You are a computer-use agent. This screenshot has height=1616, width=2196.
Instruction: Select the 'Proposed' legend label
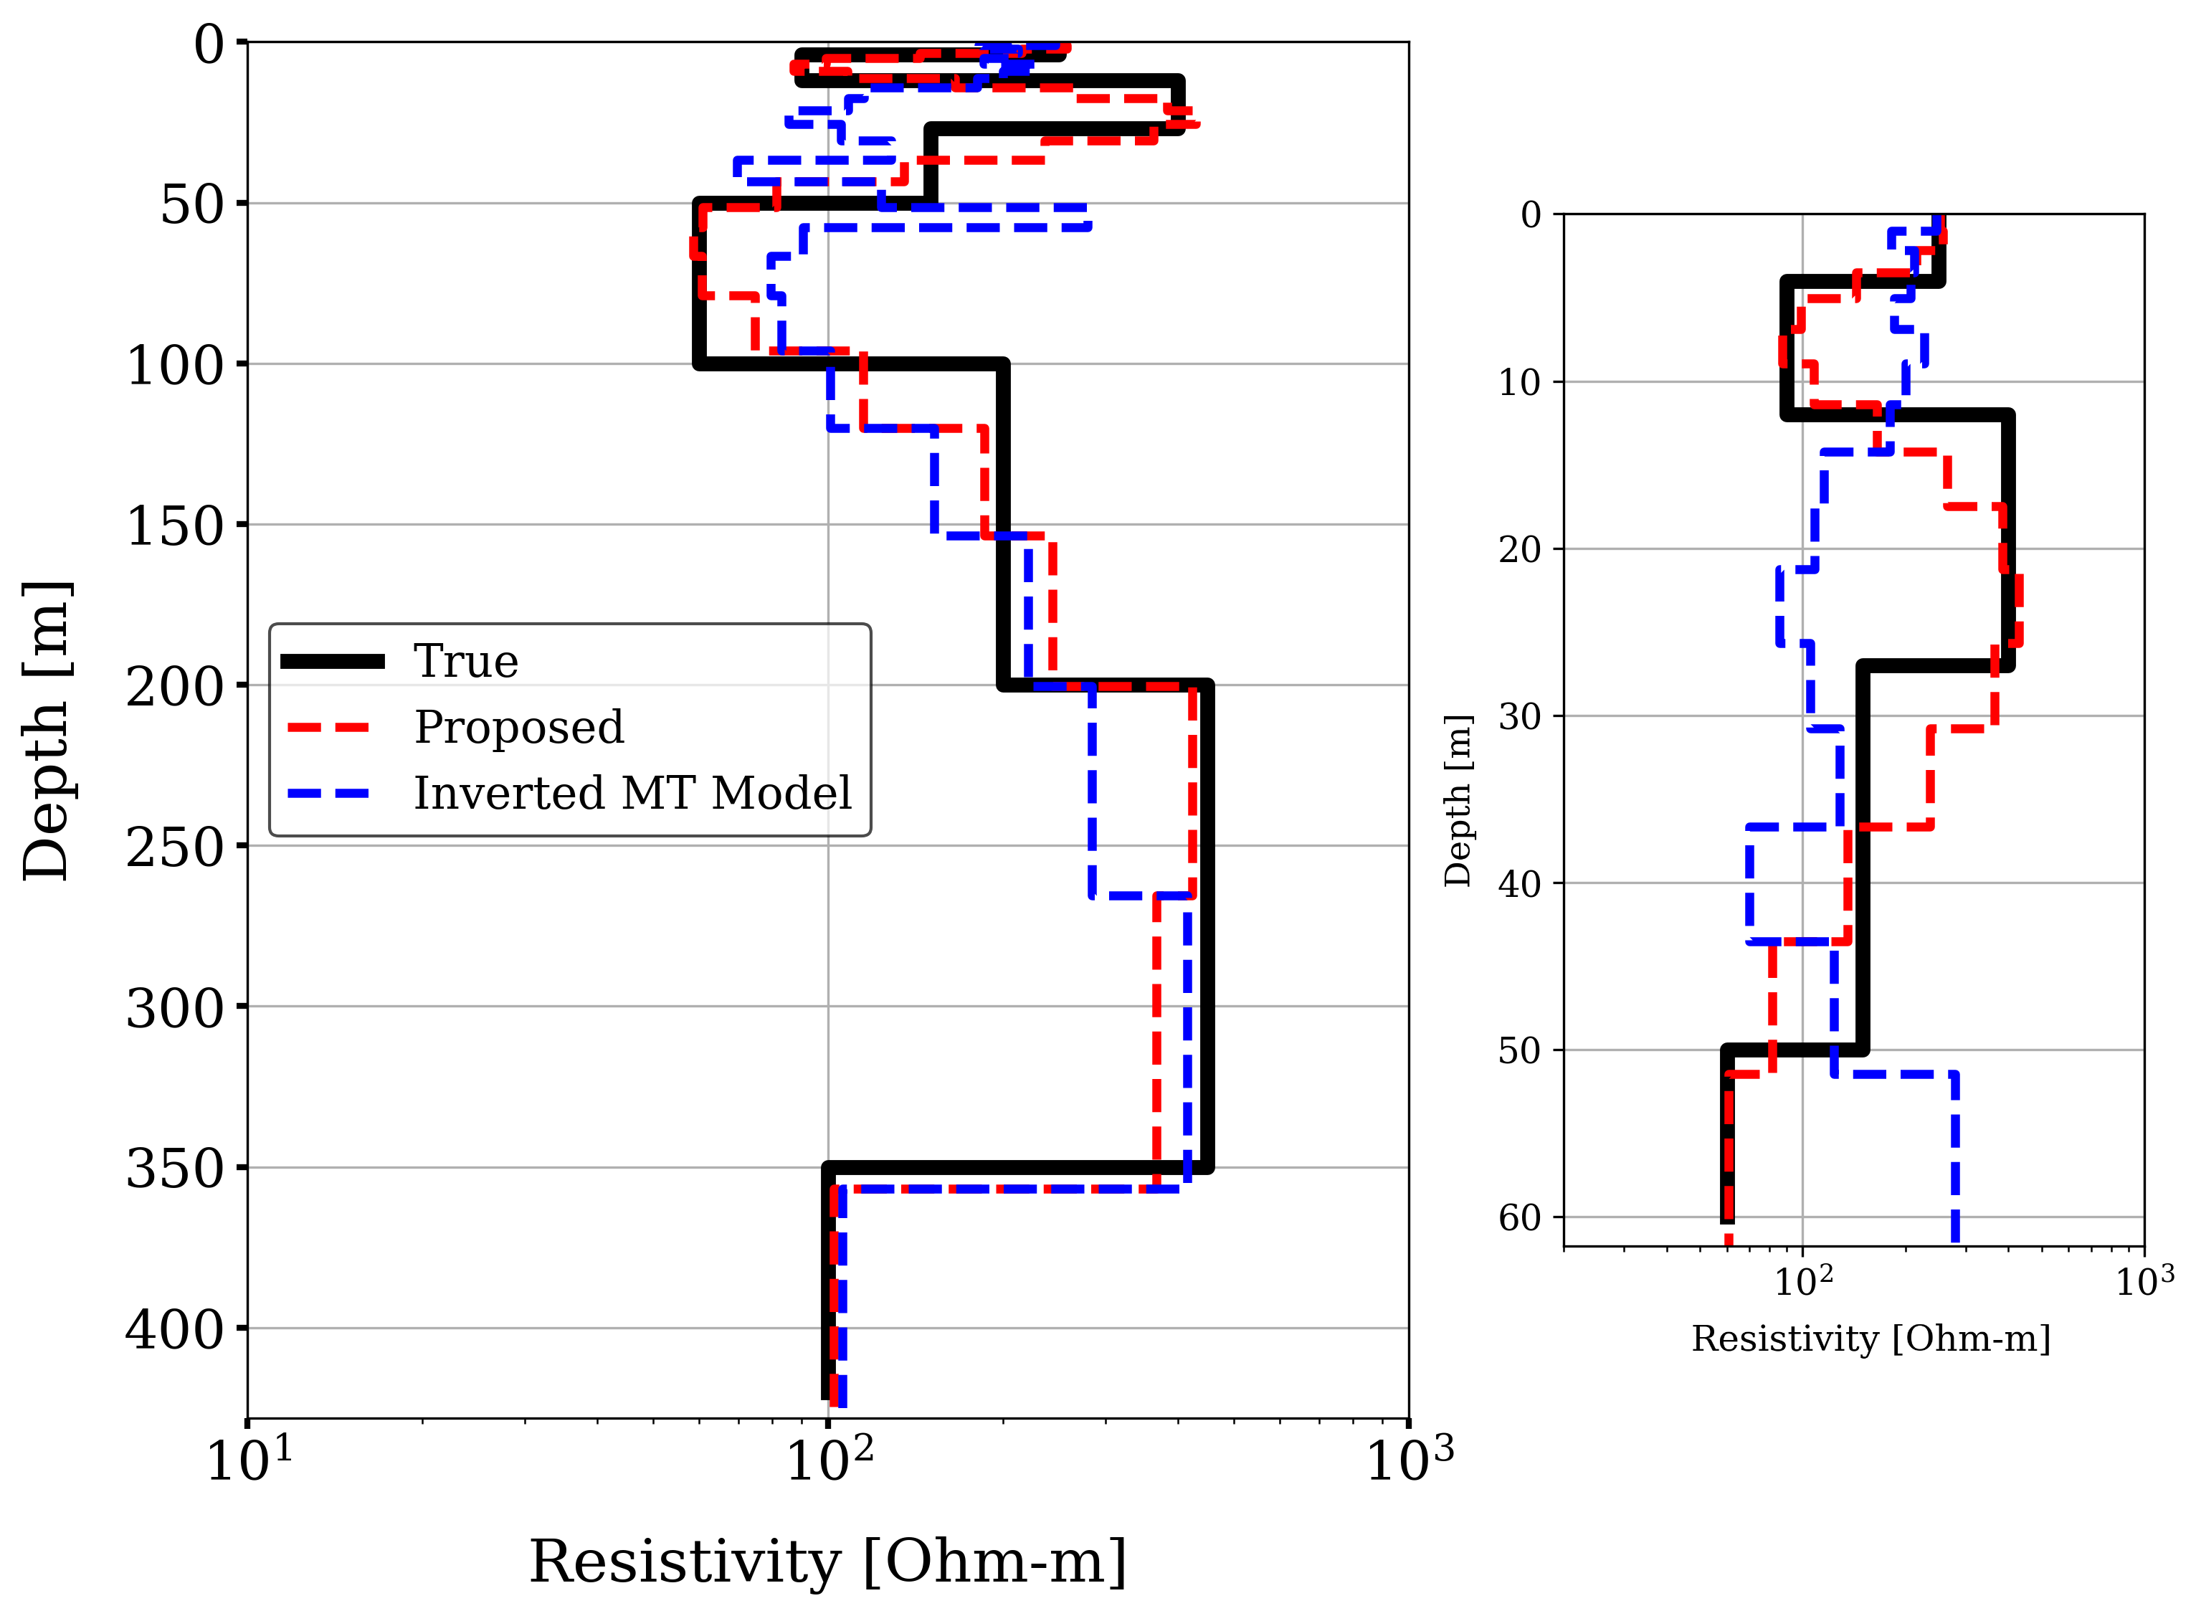coord(518,727)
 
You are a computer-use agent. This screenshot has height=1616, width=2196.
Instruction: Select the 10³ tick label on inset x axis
coord(2144,1280)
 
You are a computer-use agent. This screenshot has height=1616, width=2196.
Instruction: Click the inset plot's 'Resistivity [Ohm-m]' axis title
coord(1871,1339)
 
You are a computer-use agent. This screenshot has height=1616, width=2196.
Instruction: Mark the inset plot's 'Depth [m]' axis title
coord(1458,801)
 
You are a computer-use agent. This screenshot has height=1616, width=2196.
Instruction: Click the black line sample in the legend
coord(333,662)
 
